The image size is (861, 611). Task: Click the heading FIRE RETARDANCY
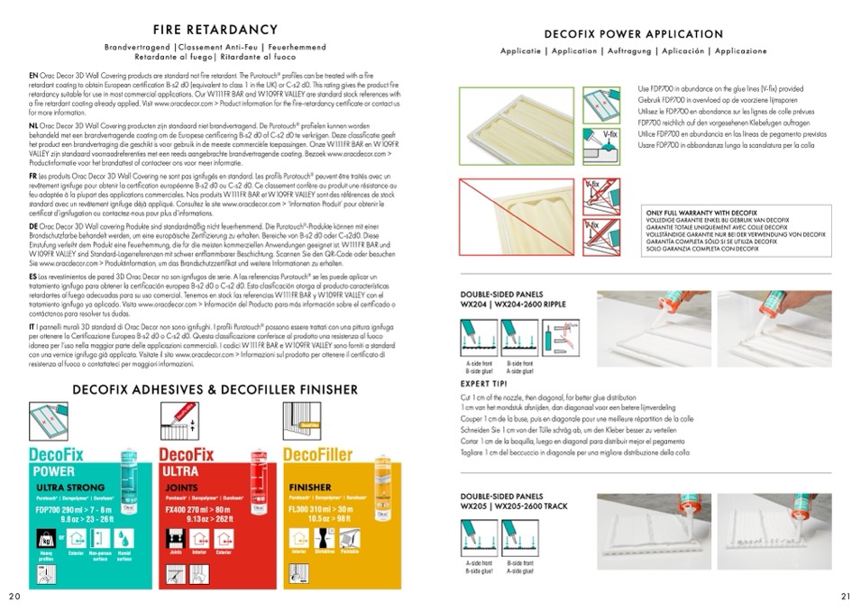pos(215,29)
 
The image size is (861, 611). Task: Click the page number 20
pos(14,597)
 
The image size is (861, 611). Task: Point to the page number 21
pos(846,597)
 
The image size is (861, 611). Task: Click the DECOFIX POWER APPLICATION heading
pos(634,34)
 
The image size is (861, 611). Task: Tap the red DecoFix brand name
pos(188,453)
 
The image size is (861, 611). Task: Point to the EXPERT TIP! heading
pos(485,383)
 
